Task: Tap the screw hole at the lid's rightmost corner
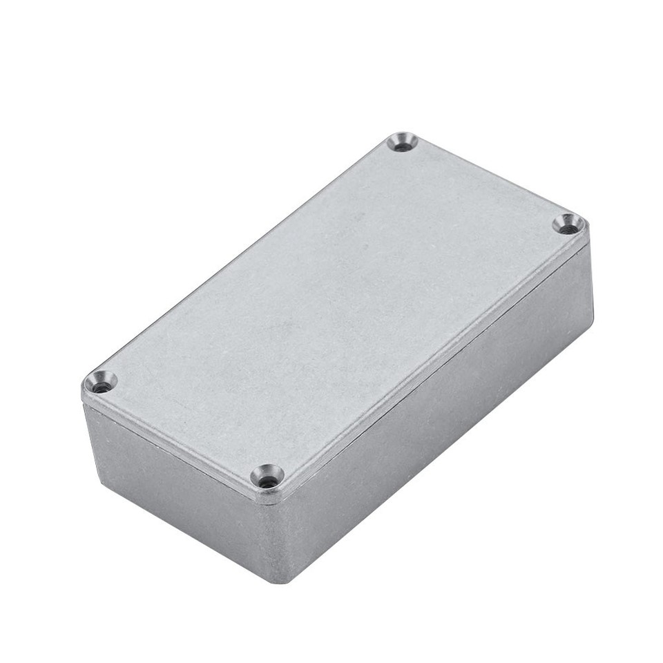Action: coord(568,224)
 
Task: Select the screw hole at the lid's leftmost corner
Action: coord(101,382)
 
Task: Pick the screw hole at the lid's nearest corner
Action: coord(267,476)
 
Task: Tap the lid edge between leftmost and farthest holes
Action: coord(242,256)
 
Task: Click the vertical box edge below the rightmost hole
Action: coord(590,276)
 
